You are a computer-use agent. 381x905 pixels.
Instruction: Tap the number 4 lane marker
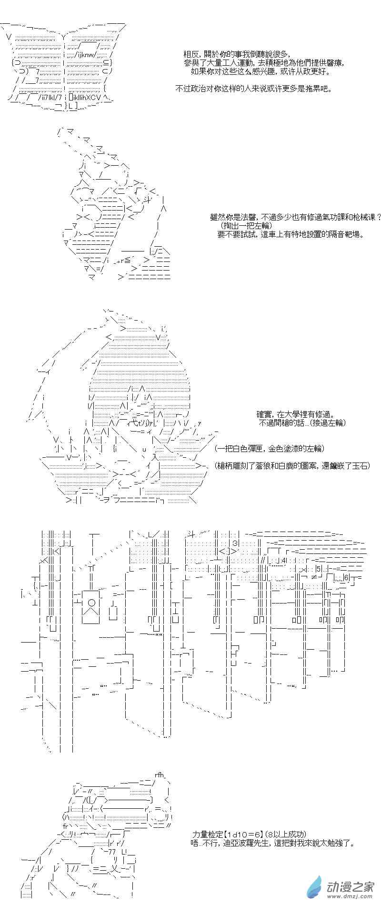click(283, 560)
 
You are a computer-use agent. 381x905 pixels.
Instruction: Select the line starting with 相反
click(236, 54)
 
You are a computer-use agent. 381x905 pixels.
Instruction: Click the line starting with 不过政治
click(253, 89)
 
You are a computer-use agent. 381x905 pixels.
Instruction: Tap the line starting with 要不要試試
click(291, 234)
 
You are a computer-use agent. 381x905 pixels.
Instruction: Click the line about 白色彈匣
click(269, 449)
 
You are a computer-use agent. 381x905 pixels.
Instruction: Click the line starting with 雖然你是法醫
click(296, 217)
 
